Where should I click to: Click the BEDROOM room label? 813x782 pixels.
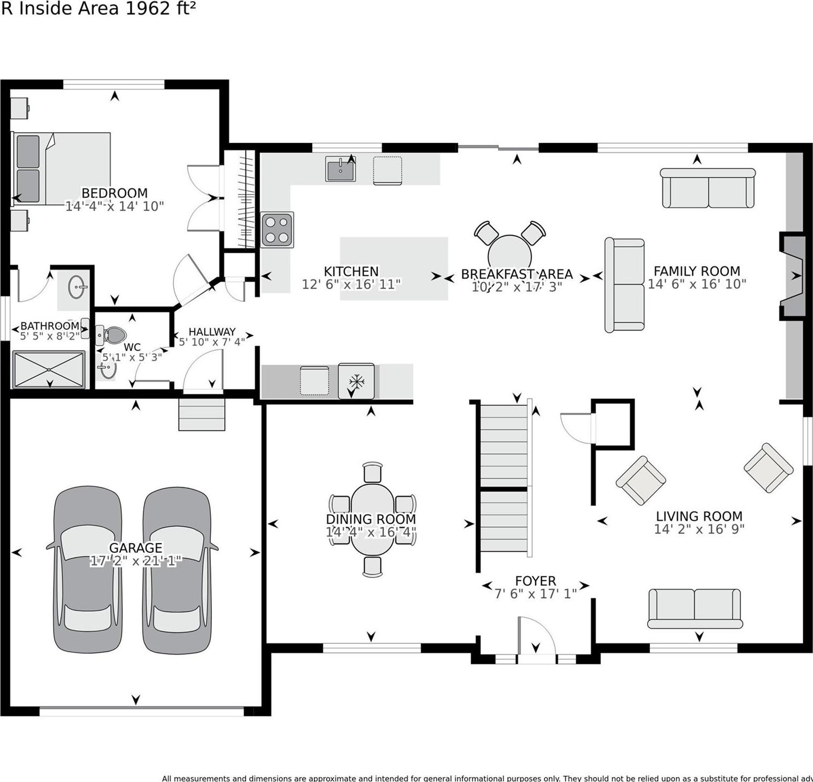(x=114, y=193)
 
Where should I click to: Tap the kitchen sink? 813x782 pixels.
(x=340, y=170)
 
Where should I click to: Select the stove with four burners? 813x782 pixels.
(x=277, y=230)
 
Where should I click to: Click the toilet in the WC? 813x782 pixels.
(x=113, y=335)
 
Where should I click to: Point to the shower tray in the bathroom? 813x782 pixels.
(x=49, y=369)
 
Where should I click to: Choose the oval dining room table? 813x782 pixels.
(x=372, y=519)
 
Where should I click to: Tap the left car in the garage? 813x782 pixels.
(x=87, y=569)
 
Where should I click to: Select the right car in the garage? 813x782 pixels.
(x=177, y=569)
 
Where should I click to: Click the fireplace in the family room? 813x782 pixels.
(x=792, y=276)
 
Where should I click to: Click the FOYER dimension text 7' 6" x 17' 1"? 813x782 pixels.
(x=535, y=594)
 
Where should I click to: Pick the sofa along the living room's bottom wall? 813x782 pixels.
(x=694, y=608)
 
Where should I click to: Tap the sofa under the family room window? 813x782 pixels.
(x=708, y=188)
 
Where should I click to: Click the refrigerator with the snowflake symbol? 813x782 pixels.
(x=356, y=381)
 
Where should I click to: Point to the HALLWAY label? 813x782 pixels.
(x=212, y=332)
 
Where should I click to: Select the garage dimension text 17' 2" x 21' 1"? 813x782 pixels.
(x=135, y=561)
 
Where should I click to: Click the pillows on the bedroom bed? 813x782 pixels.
(x=28, y=168)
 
